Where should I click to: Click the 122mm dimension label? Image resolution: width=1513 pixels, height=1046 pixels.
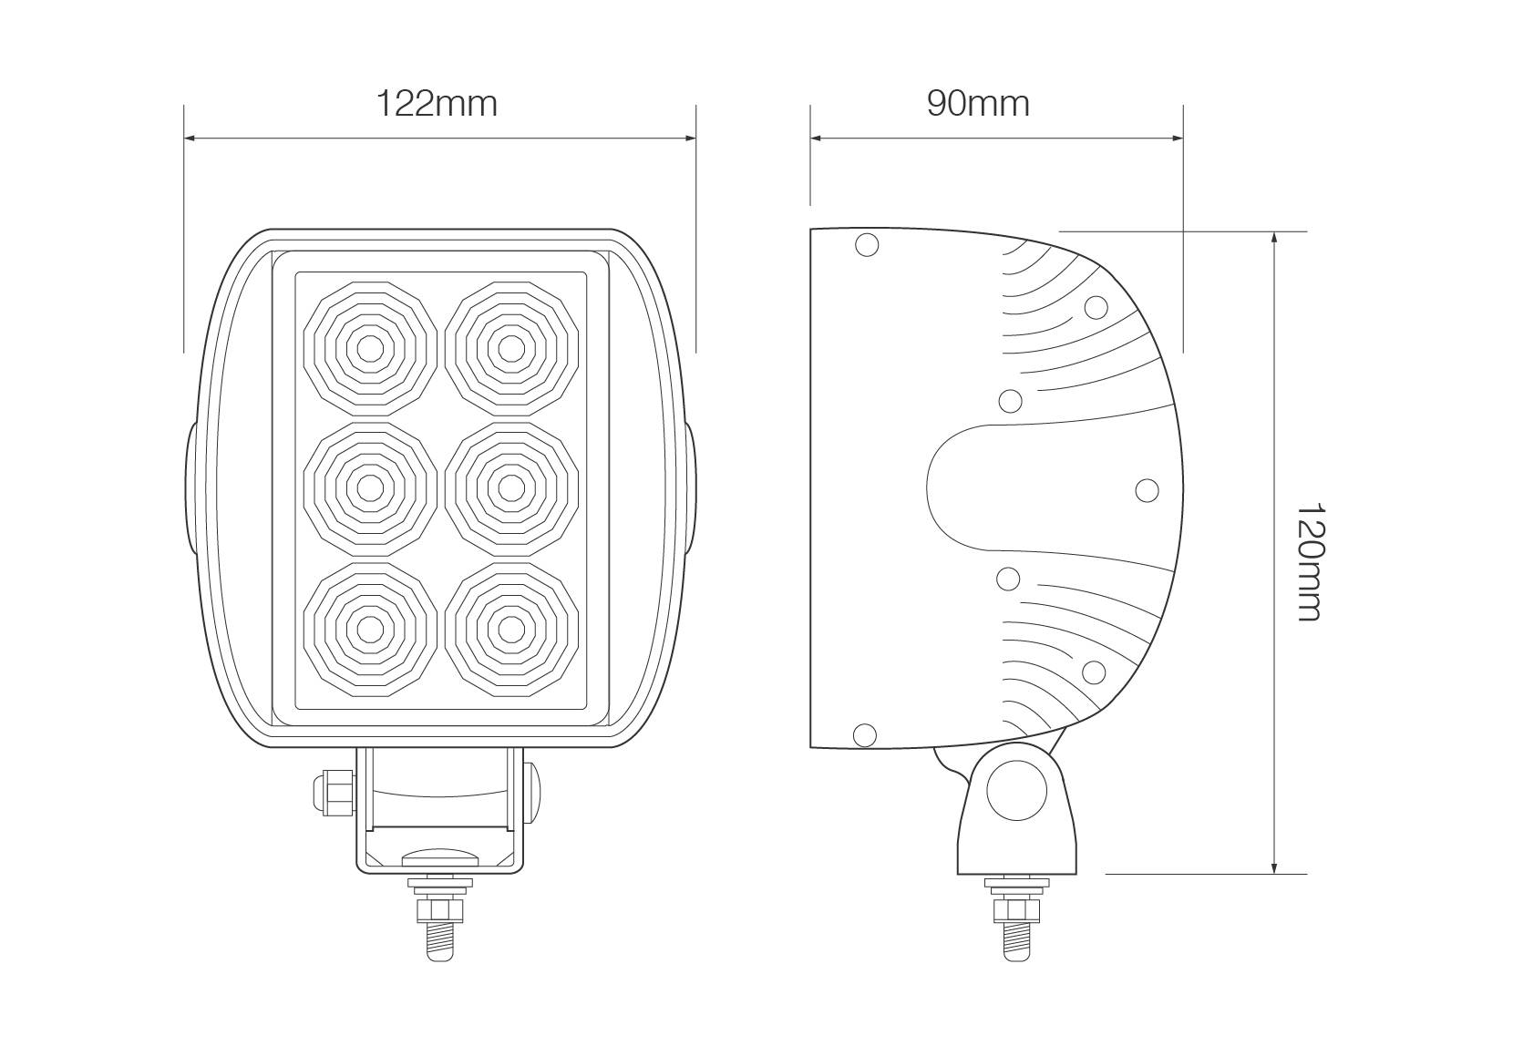click(437, 103)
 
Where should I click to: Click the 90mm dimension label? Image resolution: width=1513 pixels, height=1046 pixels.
click(978, 103)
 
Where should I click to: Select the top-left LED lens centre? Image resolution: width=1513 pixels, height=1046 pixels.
click(369, 347)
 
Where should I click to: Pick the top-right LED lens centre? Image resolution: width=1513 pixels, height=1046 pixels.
click(510, 347)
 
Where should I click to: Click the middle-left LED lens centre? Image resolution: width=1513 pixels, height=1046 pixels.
click(369, 487)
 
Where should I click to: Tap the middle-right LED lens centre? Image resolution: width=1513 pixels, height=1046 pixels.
click(510, 487)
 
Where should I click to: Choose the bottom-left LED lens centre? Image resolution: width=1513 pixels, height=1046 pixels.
click(369, 628)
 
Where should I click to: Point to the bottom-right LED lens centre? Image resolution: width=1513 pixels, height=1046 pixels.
click(510, 628)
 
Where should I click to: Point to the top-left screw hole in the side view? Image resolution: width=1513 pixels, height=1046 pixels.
click(867, 244)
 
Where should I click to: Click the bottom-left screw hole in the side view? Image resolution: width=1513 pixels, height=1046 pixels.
click(864, 733)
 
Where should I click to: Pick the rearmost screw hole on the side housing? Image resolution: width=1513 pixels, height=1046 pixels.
click(1147, 490)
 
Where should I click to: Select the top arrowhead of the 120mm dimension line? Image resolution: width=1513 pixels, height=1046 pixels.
click(1273, 237)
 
